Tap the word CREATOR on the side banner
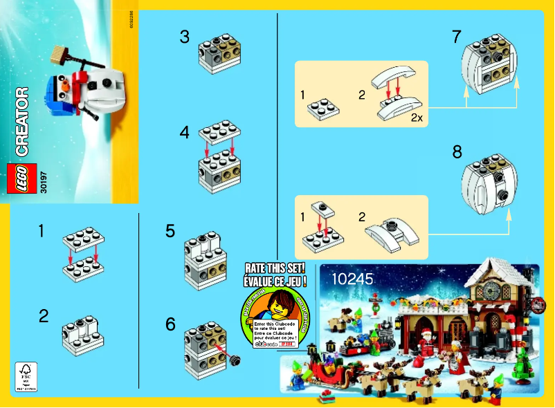[x=21, y=121]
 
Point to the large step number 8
[x=457, y=151]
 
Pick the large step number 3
[x=184, y=37]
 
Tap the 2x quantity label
[x=416, y=118]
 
